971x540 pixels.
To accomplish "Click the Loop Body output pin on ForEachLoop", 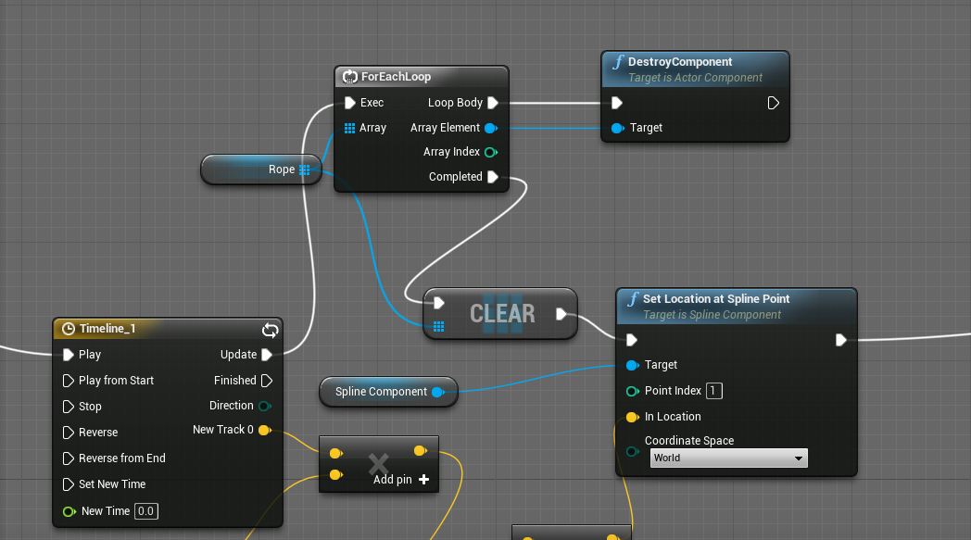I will point(493,103).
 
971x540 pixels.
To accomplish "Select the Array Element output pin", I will point(491,128).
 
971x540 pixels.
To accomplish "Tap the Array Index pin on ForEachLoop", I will point(491,152).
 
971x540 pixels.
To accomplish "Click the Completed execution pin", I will point(493,177).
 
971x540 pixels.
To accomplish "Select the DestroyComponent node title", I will point(680,62).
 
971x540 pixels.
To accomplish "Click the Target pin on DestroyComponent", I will point(618,128).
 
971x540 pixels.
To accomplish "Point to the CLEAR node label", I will point(502,314).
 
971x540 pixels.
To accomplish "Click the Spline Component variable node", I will point(381,392).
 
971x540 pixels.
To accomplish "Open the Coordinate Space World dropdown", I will point(728,458).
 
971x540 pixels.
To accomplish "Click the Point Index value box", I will point(713,391).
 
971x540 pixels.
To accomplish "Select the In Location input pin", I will point(633,417).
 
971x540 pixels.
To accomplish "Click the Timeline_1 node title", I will point(107,329).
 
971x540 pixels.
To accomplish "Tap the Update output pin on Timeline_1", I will point(267,355).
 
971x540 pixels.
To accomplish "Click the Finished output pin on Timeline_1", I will point(267,381).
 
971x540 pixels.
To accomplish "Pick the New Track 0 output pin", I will point(264,430).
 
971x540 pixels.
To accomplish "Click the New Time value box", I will point(145,511).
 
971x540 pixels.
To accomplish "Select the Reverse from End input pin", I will point(69,458).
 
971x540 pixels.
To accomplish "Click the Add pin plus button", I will point(424,480).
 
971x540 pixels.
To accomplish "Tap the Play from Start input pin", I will point(69,381).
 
